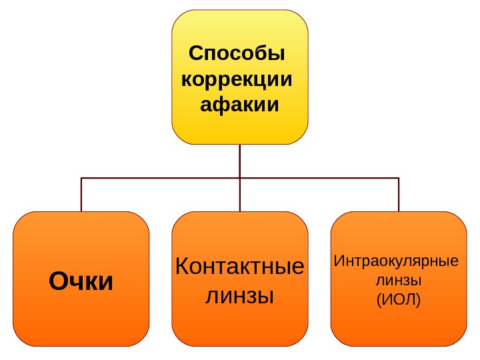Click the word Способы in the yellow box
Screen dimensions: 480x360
point(237,53)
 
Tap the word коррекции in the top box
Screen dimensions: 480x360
point(237,79)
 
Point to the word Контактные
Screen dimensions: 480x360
point(239,267)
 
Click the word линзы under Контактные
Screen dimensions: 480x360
point(239,295)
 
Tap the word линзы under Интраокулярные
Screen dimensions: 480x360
point(399,280)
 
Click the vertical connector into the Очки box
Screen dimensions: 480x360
point(81,195)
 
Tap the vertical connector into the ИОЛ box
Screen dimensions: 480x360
point(399,195)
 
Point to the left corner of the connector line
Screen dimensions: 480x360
point(81,178)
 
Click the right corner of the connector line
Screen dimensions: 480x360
point(399,178)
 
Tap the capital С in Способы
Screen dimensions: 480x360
point(195,53)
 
